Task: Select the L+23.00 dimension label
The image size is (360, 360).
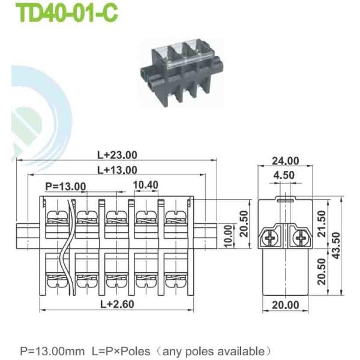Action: (x=117, y=154)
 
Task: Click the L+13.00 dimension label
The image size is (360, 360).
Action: (x=117, y=170)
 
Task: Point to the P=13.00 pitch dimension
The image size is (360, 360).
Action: (x=65, y=186)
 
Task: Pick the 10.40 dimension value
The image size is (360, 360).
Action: (x=146, y=185)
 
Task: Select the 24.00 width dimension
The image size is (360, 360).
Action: (x=285, y=161)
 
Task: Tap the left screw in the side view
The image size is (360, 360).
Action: (x=270, y=238)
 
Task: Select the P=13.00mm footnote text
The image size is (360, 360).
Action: (x=53, y=350)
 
